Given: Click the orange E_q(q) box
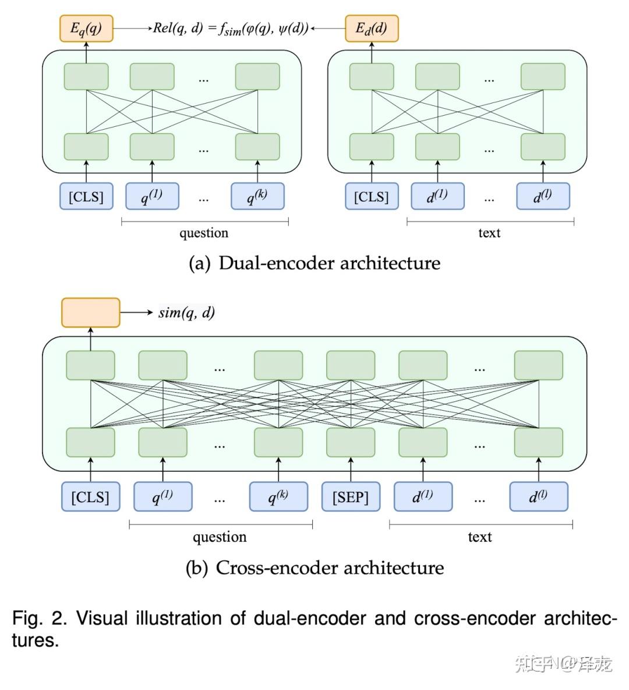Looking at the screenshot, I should point(86,29).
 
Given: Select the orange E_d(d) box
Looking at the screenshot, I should point(372,29).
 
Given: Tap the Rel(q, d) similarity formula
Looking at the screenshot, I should point(230,28).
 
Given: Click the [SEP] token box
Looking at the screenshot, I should point(351,497).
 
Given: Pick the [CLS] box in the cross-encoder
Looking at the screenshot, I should point(90,497).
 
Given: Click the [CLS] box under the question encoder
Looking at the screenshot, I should point(86,196).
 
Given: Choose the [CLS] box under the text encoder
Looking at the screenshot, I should point(372,196).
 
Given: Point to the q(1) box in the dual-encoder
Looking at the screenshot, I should point(152,196).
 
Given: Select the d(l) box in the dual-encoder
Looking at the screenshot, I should point(543,196).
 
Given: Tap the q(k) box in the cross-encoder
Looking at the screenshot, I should point(278,497).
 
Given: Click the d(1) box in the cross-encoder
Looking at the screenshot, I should point(423,497).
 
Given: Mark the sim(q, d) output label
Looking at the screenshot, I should point(186,312).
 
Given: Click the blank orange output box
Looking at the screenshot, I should point(91,312).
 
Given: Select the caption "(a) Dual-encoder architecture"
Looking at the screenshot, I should point(314,263).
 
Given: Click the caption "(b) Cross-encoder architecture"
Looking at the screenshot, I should point(314,567).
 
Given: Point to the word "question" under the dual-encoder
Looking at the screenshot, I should point(204,233).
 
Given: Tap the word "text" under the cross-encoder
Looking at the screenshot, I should point(480,537).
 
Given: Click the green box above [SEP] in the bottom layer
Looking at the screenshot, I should point(351,442).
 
